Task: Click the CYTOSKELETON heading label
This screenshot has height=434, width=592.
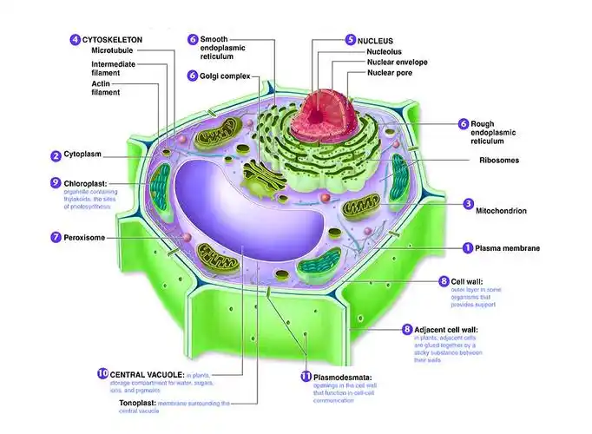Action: point(113,40)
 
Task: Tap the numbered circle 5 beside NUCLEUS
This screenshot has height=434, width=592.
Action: point(350,40)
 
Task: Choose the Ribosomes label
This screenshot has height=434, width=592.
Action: point(500,160)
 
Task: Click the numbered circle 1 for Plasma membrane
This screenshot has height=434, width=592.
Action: point(467,248)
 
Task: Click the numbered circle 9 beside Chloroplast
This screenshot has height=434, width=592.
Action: point(56,183)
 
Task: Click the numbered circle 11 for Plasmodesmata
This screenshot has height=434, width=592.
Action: point(306,377)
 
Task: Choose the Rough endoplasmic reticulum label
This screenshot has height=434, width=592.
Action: point(492,131)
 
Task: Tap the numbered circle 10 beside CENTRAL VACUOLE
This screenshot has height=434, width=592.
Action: point(102,374)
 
